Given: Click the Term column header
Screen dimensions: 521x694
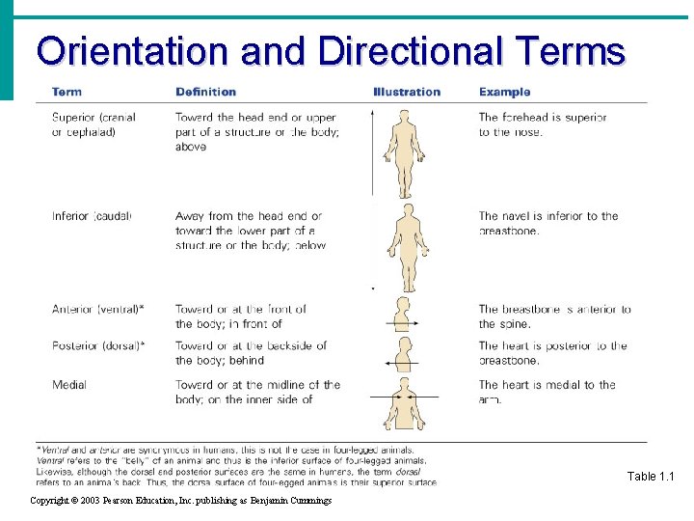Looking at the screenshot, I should pyautogui.click(x=67, y=92).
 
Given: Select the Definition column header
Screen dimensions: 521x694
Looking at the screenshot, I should pyautogui.click(x=205, y=92).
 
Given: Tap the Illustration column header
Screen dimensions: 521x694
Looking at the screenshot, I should pyautogui.click(x=406, y=92).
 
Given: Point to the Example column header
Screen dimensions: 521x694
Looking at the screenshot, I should pyautogui.click(x=504, y=92).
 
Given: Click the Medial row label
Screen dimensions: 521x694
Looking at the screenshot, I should pyautogui.click(x=69, y=385).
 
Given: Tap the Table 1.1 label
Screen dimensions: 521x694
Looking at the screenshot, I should pyautogui.click(x=652, y=477).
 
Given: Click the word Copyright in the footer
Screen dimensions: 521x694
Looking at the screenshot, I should pyautogui.click(x=54, y=501).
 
